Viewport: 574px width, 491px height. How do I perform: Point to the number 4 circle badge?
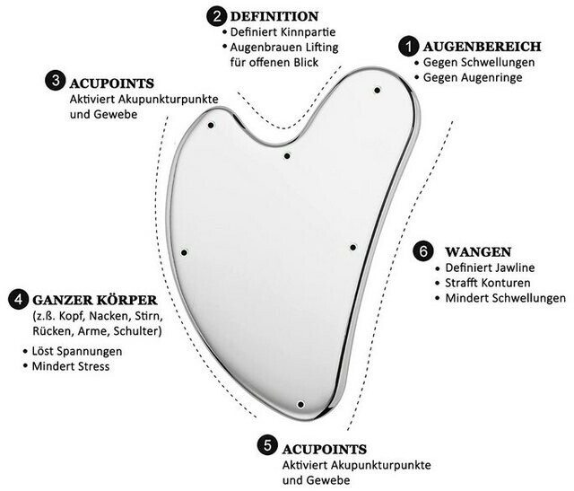click(16, 300)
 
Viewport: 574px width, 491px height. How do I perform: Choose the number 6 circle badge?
click(422, 251)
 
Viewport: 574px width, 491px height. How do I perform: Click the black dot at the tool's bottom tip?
click(300, 405)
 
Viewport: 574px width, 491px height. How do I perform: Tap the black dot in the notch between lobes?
click(286, 156)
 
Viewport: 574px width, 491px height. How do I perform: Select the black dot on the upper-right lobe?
click(377, 89)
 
